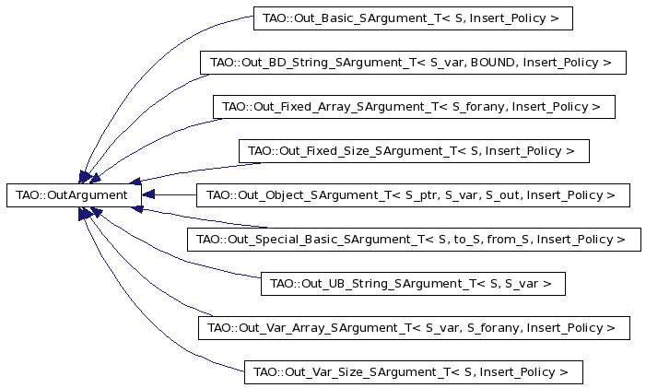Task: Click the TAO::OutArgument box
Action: (x=74, y=195)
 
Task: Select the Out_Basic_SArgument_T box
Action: (x=413, y=18)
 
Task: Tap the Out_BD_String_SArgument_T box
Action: (x=413, y=63)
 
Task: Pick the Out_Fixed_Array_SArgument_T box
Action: (x=414, y=107)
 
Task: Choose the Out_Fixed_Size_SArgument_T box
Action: (x=414, y=151)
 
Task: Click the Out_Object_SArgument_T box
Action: (x=413, y=195)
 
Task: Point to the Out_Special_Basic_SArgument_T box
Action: (x=414, y=240)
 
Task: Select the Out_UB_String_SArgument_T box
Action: (x=413, y=284)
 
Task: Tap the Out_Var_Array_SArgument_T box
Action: (x=414, y=328)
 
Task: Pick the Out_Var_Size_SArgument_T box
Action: (x=413, y=372)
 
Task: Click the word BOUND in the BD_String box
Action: (x=492, y=62)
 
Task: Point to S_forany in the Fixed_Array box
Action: (x=478, y=107)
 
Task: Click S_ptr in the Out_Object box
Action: (x=421, y=195)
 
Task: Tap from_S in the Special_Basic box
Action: (x=507, y=240)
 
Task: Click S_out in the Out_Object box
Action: (x=502, y=195)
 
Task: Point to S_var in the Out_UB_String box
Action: (x=522, y=284)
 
